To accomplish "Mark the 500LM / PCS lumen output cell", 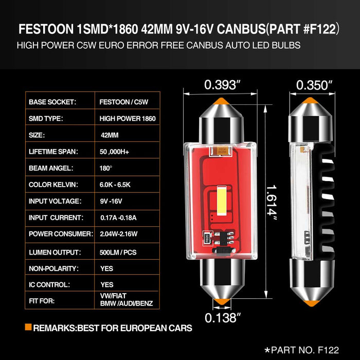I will click(x=119, y=252).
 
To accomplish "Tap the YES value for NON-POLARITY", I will click(x=107, y=268).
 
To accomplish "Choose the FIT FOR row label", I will click(x=41, y=301).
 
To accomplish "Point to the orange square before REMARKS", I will click(x=28, y=327).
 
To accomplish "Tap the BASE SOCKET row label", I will click(x=52, y=102).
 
